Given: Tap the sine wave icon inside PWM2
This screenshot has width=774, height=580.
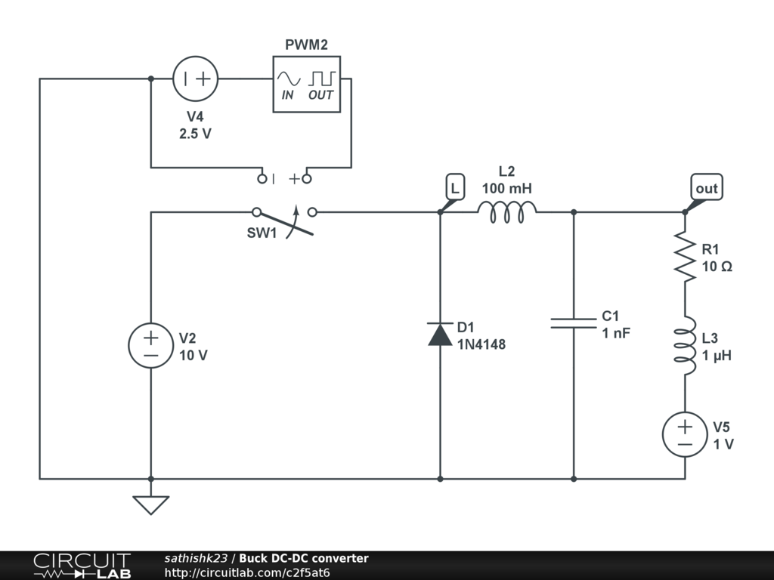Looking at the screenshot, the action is pos(288,79).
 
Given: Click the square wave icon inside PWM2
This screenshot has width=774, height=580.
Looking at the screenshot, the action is pos(322,79).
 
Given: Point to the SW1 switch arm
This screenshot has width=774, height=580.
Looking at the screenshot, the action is pos(285,224).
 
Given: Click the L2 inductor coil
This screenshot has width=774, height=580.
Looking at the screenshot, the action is pos(507,212).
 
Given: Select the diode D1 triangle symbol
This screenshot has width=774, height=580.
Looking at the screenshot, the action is pos(441,334).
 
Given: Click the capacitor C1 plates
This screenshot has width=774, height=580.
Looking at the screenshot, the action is pos(574,323).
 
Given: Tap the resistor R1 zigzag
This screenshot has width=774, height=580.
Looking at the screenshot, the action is pos(685,257).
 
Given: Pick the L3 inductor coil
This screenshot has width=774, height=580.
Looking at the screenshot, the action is pos(685,346).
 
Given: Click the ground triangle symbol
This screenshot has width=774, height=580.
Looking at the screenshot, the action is pos(151,505).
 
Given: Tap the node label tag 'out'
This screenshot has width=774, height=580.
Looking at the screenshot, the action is pos(707,187).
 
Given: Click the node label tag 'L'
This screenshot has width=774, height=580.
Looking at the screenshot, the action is pos(454,187).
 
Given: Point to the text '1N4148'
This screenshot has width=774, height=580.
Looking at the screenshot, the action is pos(481,344).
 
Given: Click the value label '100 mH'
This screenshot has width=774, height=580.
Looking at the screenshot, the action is pos(507,188).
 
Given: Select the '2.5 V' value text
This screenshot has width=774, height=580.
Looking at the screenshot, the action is pos(195,134).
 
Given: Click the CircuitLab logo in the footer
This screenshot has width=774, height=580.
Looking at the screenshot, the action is pos(82,566).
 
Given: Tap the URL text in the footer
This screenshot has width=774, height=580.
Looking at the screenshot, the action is pos(247,572).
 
